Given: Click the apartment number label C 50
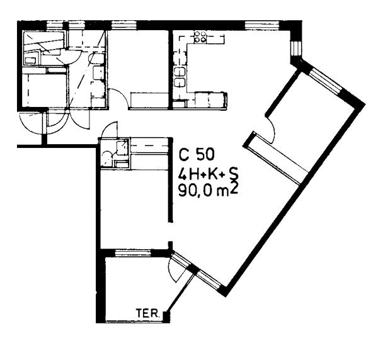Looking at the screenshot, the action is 196,154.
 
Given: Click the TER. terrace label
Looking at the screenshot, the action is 148,313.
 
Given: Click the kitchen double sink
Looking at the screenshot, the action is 180,77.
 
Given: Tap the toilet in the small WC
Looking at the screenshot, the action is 106,159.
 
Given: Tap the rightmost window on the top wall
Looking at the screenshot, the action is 262,25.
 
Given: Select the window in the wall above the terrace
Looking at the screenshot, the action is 133,253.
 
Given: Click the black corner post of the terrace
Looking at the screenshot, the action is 166,316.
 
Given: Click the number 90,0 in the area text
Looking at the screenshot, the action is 195,191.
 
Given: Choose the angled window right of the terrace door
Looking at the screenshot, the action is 209,279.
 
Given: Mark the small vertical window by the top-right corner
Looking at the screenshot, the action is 296,48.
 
